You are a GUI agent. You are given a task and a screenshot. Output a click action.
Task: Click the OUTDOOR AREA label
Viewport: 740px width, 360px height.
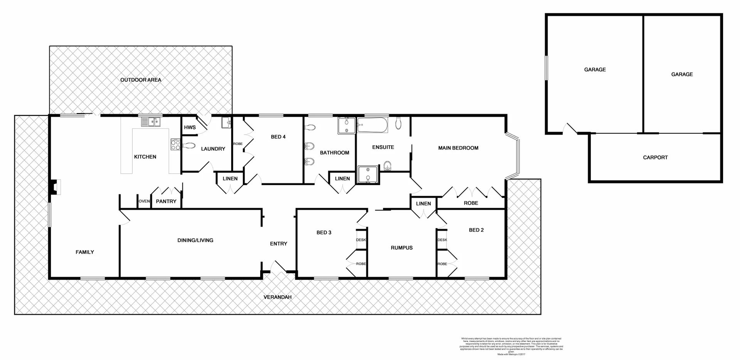(141, 80)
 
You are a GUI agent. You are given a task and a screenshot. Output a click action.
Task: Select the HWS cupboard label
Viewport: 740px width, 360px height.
(190, 127)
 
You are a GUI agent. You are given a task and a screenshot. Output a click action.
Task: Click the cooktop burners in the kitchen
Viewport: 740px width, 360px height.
(175, 145)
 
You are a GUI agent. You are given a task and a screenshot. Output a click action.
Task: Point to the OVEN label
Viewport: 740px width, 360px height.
(144, 201)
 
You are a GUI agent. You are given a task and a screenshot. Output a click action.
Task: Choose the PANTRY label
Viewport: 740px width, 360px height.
(166, 201)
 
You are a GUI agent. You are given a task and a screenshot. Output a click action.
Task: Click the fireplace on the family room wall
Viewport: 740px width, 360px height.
(54, 187)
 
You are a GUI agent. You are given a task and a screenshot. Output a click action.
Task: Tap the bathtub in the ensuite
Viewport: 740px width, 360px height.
(372, 126)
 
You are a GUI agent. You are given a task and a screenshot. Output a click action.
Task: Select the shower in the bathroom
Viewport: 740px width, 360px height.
(346, 126)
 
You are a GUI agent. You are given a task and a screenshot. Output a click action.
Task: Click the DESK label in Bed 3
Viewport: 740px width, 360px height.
(361, 240)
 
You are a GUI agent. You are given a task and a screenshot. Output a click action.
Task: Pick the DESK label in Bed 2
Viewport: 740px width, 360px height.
(442, 240)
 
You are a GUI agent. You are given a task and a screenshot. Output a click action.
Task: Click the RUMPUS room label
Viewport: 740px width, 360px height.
(402, 248)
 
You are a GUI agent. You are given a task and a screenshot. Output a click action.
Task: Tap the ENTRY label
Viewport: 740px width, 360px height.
(278, 244)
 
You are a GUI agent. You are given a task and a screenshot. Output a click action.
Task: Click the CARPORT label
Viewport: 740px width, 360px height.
(655, 157)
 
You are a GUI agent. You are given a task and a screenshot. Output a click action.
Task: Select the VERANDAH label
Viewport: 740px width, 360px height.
(277, 297)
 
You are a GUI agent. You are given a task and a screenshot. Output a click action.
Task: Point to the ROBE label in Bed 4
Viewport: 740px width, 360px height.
(238, 144)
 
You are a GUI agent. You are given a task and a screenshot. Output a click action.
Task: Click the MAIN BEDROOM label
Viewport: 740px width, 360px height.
(458, 148)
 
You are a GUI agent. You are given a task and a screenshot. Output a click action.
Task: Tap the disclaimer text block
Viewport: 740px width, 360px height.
(511, 346)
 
